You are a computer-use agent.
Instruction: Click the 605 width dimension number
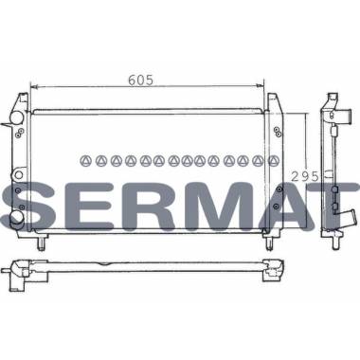click(x=141, y=81)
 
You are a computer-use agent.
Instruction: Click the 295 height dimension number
click(x=305, y=176)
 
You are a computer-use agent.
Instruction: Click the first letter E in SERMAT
click(x=84, y=206)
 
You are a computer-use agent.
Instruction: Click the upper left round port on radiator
click(x=17, y=118)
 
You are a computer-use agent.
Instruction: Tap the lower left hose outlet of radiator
click(x=17, y=218)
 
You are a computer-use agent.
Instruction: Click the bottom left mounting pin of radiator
click(x=42, y=243)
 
